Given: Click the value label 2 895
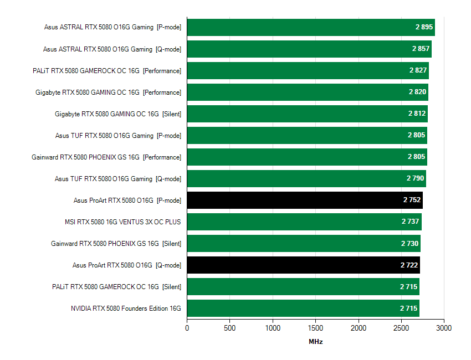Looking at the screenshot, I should (424, 27).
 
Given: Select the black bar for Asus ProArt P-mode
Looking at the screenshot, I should (304, 200).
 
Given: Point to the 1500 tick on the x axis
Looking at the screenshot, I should (315, 328).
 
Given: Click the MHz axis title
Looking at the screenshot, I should (315, 342).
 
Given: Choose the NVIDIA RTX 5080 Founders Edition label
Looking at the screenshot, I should (126, 308).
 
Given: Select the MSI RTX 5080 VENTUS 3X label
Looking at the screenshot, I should (122, 222).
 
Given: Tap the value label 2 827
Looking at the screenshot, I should (418, 70).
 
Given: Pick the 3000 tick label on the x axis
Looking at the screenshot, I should (444, 328).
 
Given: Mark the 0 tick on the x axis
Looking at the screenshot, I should (187, 328).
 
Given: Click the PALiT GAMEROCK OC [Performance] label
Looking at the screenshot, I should (107, 71).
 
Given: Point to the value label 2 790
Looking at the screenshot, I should (416, 178).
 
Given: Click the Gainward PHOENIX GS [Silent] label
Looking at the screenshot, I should (116, 244).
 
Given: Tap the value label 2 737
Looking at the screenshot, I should (411, 222).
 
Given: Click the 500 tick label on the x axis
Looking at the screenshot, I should (230, 328).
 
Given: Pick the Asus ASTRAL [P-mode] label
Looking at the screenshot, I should (112, 27).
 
